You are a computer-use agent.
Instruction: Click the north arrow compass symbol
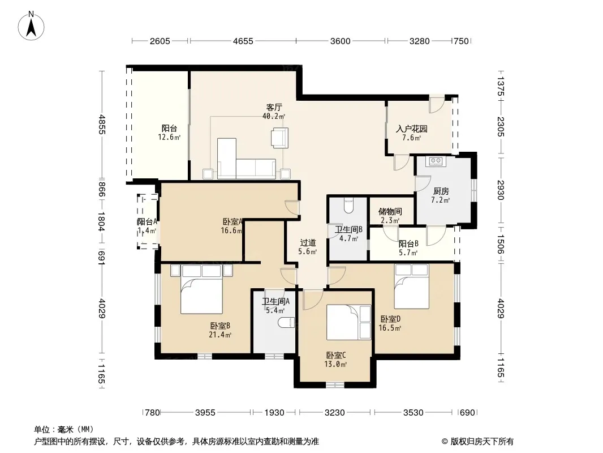click(31, 26)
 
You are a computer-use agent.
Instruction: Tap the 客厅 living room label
click(274, 107)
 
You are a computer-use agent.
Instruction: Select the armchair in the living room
click(279, 138)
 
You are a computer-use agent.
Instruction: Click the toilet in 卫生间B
click(348, 205)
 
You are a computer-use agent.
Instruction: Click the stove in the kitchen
click(436, 161)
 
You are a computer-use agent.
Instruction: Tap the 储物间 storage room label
click(390, 211)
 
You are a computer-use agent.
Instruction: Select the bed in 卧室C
click(348, 323)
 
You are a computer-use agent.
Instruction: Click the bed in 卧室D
click(411, 287)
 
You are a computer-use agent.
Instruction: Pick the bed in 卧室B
click(202, 289)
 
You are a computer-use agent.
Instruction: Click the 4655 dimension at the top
click(243, 41)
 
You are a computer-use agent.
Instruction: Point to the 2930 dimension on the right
click(500, 190)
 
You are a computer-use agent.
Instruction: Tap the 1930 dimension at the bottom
click(274, 413)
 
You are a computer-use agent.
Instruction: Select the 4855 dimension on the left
click(101, 124)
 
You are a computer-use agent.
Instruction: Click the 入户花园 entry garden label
click(411, 129)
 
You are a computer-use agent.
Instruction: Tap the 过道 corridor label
click(308, 242)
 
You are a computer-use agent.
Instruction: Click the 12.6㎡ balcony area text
click(169, 137)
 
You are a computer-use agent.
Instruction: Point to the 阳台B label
click(408, 243)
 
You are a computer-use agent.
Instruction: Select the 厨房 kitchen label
click(441, 191)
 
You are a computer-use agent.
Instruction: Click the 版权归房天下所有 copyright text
click(481, 442)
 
